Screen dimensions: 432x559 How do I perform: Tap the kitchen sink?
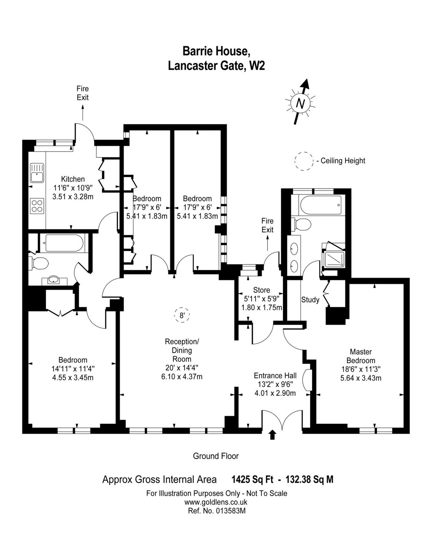(x=37, y=173)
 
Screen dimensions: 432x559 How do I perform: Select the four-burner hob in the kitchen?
(x=37, y=206)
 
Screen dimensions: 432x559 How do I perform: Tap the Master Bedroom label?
(x=361, y=356)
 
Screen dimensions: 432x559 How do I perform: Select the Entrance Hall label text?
(x=275, y=375)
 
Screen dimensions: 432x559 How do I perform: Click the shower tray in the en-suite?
(x=334, y=259)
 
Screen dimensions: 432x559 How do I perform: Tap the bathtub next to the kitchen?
(x=64, y=243)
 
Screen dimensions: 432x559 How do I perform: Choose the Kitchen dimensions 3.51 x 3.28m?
(x=73, y=197)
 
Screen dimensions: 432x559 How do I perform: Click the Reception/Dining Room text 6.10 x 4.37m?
(x=182, y=377)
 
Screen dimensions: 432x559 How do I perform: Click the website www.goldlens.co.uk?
(x=216, y=502)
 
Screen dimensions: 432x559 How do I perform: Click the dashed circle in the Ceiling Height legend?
(x=304, y=161)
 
